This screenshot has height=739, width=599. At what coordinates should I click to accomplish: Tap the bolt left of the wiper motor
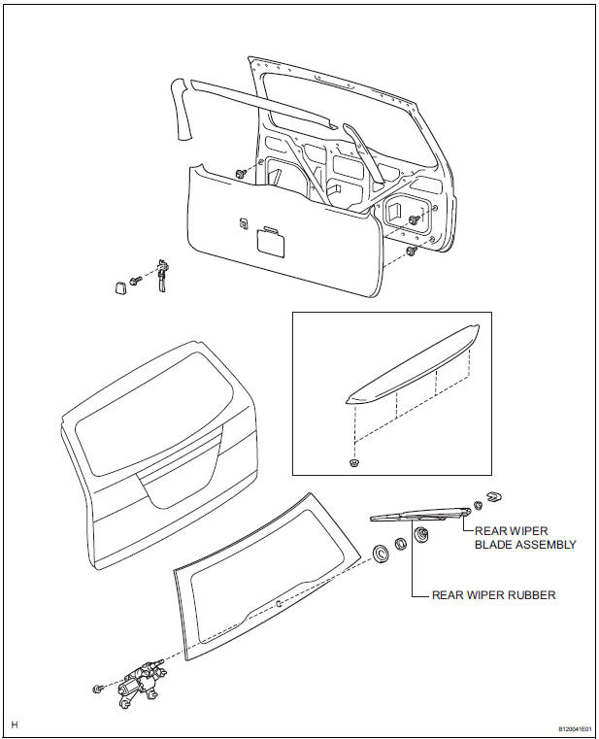coord(99,689)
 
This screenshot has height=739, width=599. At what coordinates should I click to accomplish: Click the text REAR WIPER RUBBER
coord(494,595)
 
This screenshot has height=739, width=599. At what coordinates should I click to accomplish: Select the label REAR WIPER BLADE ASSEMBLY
coord(524,537)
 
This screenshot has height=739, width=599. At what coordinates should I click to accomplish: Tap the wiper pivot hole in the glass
coord(279,603)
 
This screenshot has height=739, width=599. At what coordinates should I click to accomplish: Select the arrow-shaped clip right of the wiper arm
coord(492,498)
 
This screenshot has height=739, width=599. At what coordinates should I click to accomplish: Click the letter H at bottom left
coord(15,724)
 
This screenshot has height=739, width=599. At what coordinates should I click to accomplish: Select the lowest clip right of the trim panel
coord(412,252)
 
